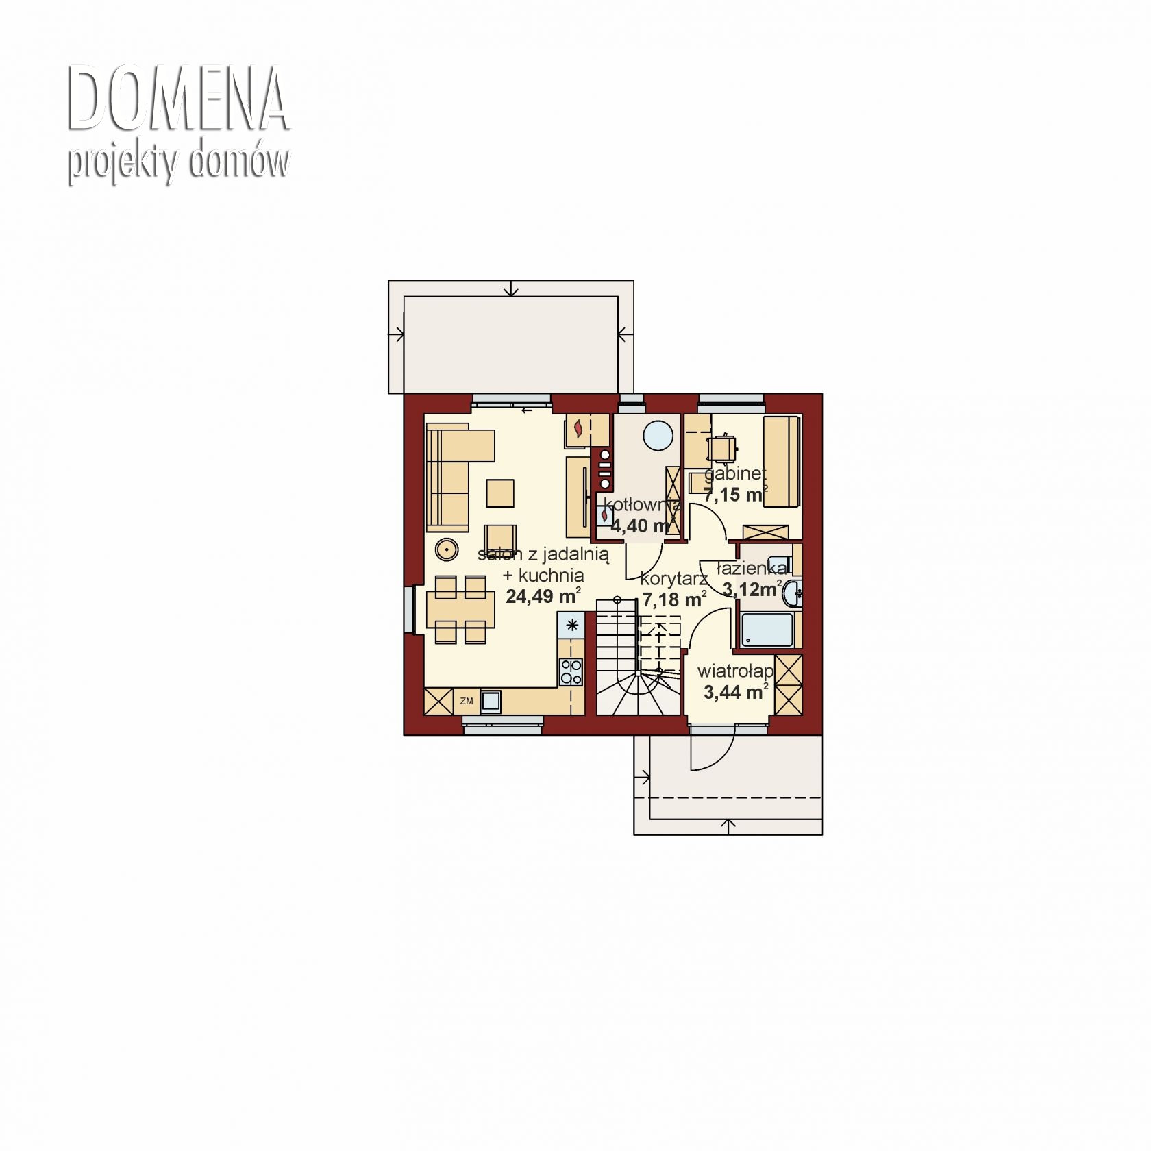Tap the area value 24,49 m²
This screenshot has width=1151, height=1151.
click(544, 595)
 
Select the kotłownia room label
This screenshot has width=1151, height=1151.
click(641, 506)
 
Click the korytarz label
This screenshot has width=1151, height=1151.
click(674, 580)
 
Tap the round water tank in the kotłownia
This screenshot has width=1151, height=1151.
click(658, 434)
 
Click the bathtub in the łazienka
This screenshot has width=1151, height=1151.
click(767, 630)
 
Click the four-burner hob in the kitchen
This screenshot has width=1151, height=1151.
click(571, 671)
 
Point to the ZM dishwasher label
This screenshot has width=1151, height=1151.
click(467, 701)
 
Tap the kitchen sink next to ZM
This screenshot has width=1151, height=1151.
click(491, 701)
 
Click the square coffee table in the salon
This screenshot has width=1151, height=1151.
click(500, 493)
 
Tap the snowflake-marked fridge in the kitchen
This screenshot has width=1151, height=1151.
click(571, 624)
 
